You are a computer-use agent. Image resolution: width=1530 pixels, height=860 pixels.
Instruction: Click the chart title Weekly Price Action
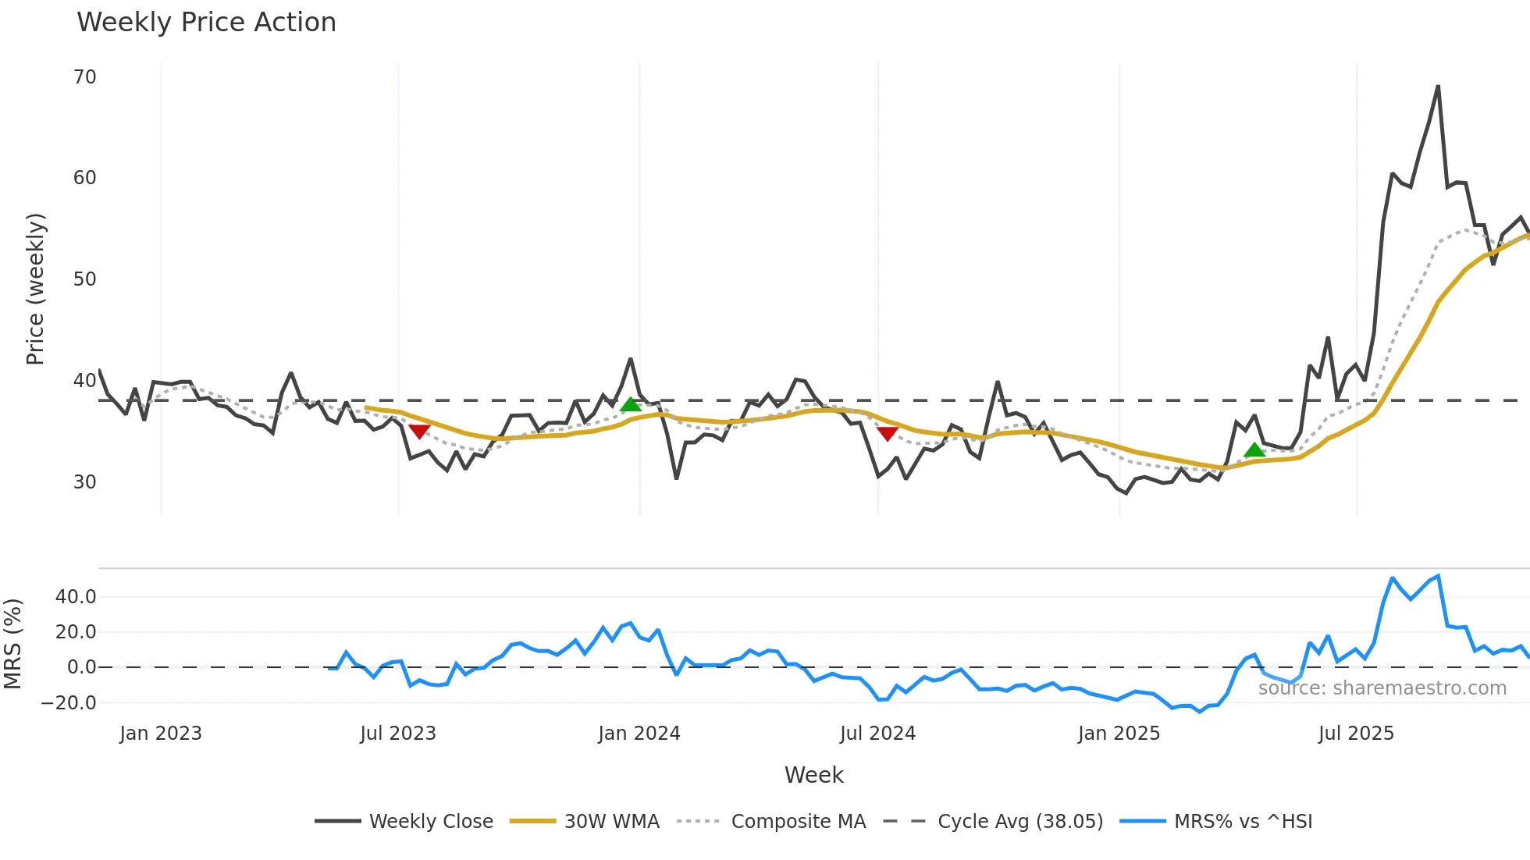pyautogui.click(x=206, y=23)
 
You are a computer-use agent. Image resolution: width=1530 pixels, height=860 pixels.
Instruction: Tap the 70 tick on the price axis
pyautogui.click(x=85, y=77)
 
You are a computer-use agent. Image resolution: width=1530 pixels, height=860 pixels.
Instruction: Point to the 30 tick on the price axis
pyautogui.click(x=85, y=482)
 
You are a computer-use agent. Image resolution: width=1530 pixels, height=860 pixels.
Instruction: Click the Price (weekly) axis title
pyautogui.click(x=36, y=290)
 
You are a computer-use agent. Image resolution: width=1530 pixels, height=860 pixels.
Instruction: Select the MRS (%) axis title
pyautogui.click(x=12, y=644)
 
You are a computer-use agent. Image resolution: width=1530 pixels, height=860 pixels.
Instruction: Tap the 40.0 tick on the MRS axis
pyautogui.click(x=76, y=597)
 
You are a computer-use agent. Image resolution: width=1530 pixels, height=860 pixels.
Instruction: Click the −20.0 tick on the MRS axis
pyautogui.click(x=69, y=703)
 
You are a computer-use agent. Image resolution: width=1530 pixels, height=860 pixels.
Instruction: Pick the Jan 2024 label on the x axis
pyautogui.click(x=639, y=734)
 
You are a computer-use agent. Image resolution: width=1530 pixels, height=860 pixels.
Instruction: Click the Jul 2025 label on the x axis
pyautogui.click(x=1356, y=734)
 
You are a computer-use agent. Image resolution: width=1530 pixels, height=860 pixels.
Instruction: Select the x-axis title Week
pyautogui.click(x=813, y=775)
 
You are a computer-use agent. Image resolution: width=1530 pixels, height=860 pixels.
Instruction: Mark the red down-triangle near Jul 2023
pyautogui.click(x=419, y=431)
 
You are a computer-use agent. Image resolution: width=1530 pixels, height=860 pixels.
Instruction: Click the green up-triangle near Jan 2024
pyautogui.click(x=631, y=404)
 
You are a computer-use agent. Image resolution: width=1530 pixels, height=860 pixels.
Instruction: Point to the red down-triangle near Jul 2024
pyautogui.click(x=887, y=433)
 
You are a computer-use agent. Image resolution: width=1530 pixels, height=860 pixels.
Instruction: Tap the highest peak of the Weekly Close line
pyautogui.click(x=1438, y=87)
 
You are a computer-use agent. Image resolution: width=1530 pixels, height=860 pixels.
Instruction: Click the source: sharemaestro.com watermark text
pyautogui.click(x=1382, y=688)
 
